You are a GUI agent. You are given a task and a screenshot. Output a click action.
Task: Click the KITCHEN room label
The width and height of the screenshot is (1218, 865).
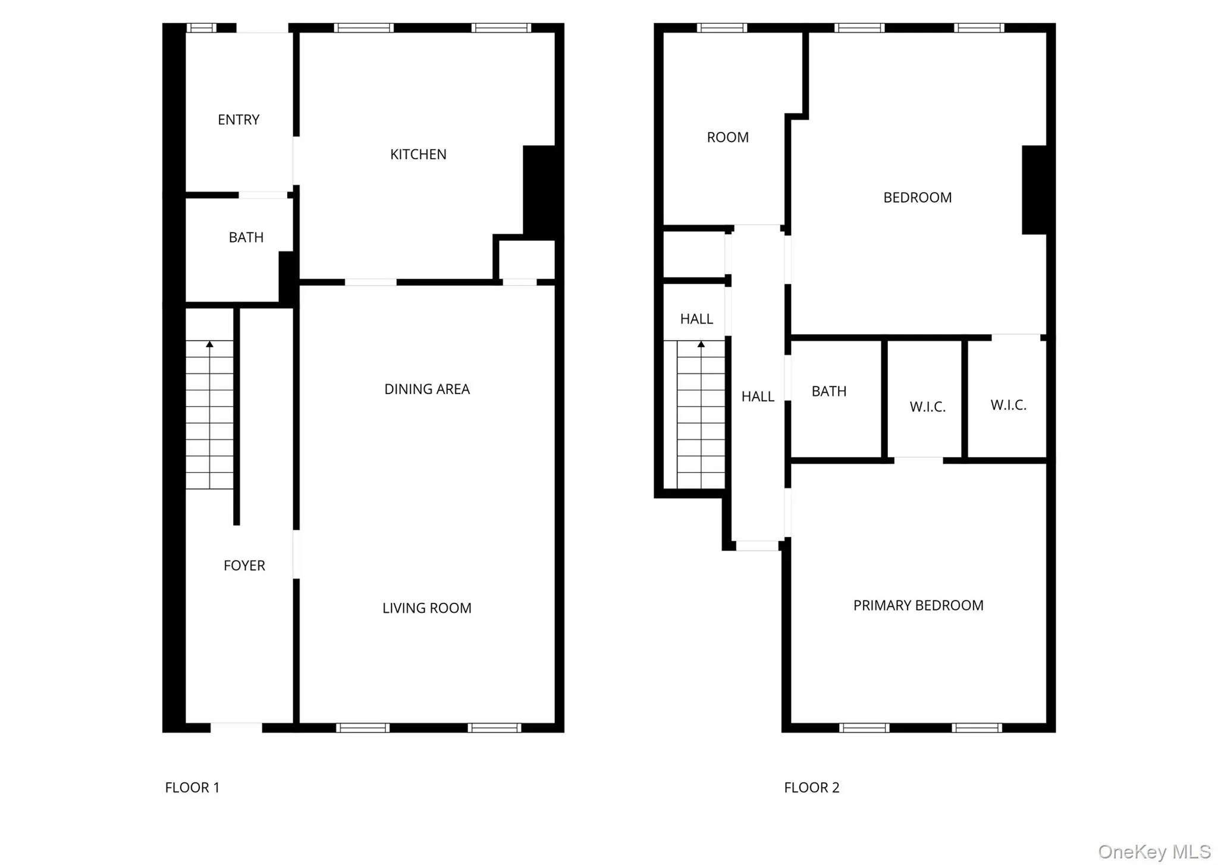418,155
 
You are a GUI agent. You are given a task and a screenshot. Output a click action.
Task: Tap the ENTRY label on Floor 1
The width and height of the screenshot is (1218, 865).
238,120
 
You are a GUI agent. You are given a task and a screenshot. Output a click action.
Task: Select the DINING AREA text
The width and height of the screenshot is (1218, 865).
427,389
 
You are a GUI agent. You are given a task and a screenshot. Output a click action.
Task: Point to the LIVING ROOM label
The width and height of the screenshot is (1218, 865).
426,608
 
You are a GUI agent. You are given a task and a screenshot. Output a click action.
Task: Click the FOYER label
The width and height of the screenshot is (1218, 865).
244,566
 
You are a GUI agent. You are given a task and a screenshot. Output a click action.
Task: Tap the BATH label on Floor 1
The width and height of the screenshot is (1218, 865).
246,238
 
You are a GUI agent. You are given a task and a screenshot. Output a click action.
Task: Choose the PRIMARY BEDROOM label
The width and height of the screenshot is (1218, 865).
918,606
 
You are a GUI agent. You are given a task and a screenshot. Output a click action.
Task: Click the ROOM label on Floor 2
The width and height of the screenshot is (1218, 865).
727,137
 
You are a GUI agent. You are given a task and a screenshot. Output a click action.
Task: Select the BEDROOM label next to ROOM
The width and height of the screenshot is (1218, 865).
917,198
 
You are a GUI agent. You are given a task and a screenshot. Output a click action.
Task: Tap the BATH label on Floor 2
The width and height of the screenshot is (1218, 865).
828,392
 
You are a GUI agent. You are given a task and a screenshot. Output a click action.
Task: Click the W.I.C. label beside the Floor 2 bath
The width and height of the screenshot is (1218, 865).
927,407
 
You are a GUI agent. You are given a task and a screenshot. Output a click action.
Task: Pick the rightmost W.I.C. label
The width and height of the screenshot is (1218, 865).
1008,405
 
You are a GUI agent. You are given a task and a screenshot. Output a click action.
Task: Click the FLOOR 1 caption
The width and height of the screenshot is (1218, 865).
192,788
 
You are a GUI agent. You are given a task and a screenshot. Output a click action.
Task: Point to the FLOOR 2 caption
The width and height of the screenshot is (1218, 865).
811,788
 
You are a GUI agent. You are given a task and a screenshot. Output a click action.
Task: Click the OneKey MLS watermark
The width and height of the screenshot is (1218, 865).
1154,852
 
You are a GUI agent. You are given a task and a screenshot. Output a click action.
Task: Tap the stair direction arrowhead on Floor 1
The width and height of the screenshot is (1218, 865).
209,344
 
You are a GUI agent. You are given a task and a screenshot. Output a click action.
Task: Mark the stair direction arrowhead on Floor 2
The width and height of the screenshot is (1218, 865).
701,344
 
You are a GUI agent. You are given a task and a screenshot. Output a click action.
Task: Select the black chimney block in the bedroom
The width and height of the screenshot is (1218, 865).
1034,190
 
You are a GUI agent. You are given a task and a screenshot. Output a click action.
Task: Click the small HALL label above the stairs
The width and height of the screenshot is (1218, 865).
696,319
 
